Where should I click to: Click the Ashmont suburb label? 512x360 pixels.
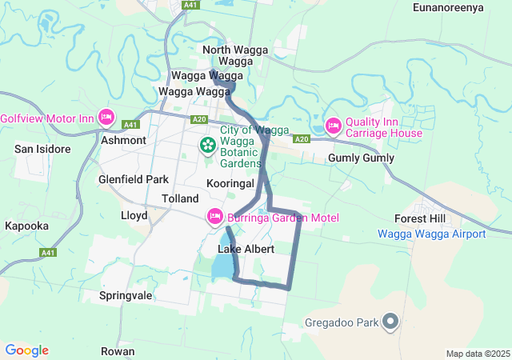pos(123,140)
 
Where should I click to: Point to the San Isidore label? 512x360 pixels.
pos(42,149)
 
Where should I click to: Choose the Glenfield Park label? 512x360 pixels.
pos(133,179)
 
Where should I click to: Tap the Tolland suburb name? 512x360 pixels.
pos(180,198)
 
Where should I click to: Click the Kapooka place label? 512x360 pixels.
pos(26,226)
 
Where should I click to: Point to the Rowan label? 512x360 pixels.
pos(118,351)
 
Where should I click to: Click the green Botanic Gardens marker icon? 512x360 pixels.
pos(207,145)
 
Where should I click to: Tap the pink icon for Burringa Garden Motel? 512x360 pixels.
pos(214,217)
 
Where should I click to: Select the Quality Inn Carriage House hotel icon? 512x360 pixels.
pos(333,126)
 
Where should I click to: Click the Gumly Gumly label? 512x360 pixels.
pos(361,158)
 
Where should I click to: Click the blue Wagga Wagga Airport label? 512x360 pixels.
pos(431,234)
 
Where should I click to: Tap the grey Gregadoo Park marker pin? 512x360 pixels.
pos(390,322)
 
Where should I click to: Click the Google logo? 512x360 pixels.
pos(26,350)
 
